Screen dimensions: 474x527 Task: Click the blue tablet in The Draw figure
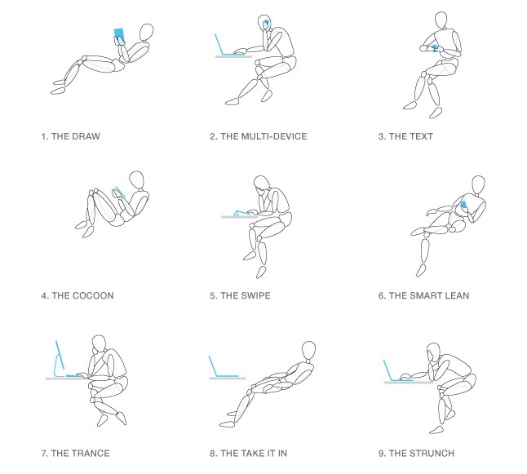120,34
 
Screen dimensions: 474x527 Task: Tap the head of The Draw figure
145,32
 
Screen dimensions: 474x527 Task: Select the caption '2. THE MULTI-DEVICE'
258,136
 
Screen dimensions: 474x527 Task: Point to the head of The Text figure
441,20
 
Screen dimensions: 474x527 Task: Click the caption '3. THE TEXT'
405,136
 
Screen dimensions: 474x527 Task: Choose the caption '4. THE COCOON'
77,295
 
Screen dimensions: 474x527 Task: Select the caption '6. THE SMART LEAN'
423,295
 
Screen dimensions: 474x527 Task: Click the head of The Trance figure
99,344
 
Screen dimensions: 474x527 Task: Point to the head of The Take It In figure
309,350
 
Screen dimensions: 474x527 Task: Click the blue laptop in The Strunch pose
392,371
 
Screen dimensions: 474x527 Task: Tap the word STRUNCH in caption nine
433,453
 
